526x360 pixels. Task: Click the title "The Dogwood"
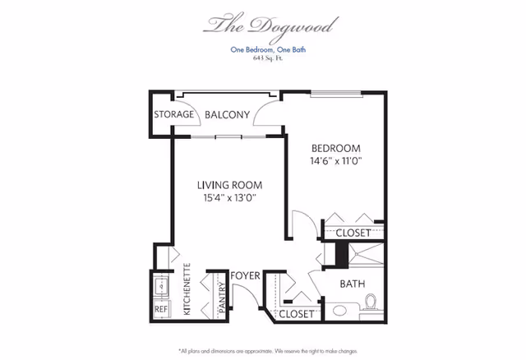coord(270,26)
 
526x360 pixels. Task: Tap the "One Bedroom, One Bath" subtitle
coord(268,49)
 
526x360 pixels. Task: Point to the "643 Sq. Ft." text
coord(268,58)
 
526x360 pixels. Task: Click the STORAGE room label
coord(173,114)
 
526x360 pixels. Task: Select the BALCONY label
coord(227,115)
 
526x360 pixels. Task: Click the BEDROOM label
coord(336,148)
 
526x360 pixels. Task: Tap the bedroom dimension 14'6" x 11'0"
coord(336,161)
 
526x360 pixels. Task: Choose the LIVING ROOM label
coord(230,185)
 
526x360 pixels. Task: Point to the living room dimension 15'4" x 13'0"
coord(230,198)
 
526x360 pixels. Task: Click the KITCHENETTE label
coord(187,289)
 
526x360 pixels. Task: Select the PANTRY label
coord(223,298)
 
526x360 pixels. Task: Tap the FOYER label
coord(245,276)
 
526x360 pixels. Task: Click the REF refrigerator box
coord(161,309)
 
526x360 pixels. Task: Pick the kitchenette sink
coord(161,286)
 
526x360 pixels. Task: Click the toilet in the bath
coord(371,302)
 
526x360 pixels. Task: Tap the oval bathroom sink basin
coord(339,311)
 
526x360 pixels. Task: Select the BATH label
coord(353,284)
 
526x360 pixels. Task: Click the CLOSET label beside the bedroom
coord(353,233)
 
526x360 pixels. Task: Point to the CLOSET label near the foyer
coord(297,314)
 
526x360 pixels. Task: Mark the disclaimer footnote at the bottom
coord(268,351)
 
